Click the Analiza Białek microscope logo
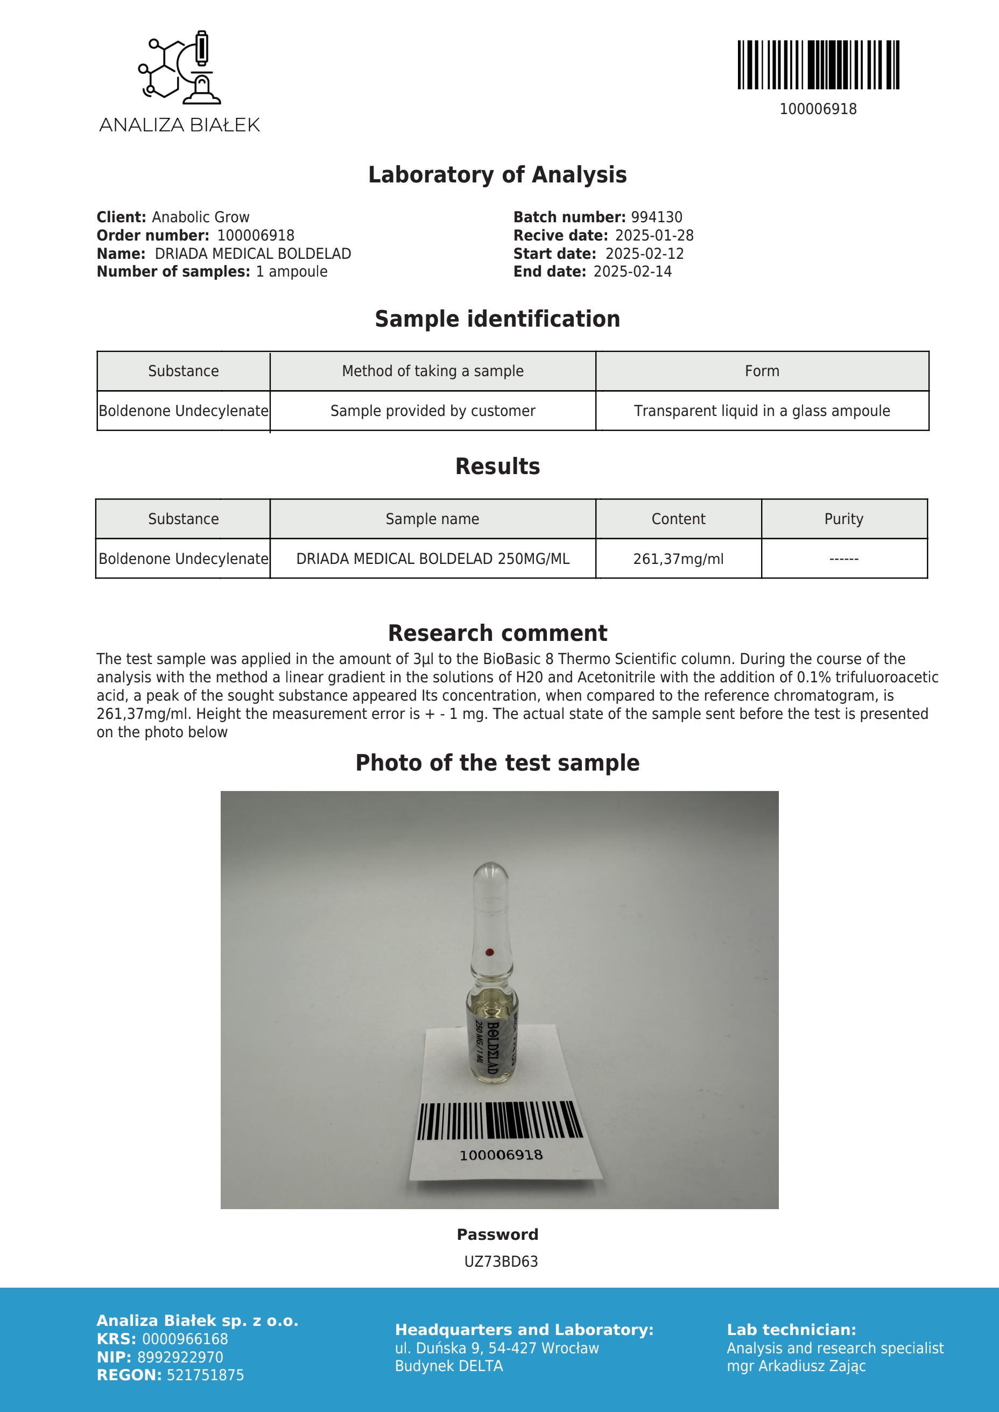[x=179, y=66]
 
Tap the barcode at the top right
[x=818, y=65]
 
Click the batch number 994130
[x=656, y=217]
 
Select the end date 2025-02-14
[x=632, y=272]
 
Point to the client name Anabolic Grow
[x=201, y=217]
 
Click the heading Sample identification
[x=497, y=319]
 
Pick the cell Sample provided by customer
[x=432, y=411]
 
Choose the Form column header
[x=762, y=371]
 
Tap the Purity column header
[x=843, y=519]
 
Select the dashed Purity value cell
[x=843, y=559]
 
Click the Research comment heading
[x=497, y=633]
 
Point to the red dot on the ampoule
[x=490, y=952]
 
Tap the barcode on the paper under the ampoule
[x=499, y=1121]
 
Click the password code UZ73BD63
[x=501, y=1262]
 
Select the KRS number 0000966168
[x=185, y=1339]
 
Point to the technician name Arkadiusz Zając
[x=812, y=1366]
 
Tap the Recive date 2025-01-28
[x=654, y=236]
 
